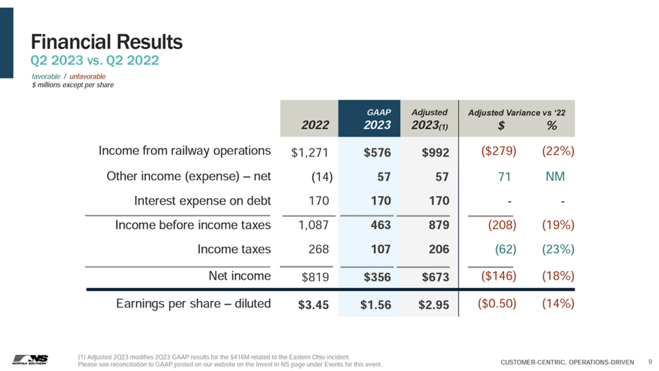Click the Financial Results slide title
click(x=107, y=43)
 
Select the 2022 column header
click(x=315, y=125)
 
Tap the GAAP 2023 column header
click(x=376, y=120)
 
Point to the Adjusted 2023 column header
click(x=429, y=120)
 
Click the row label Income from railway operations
click(x=184, y=151)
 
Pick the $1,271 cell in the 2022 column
click(x=310, y=153)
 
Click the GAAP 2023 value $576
click(x=377, y=153)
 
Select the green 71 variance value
click(x=505, y=176)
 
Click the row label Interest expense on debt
click(x=202, y=201)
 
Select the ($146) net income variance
click(x=499, y=277)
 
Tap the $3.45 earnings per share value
click(x=313, y=305)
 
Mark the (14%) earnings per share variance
click(x=557, y=303)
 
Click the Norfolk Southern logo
click(x=30, y=359)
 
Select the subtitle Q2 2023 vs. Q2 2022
click(x=95, y=61)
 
